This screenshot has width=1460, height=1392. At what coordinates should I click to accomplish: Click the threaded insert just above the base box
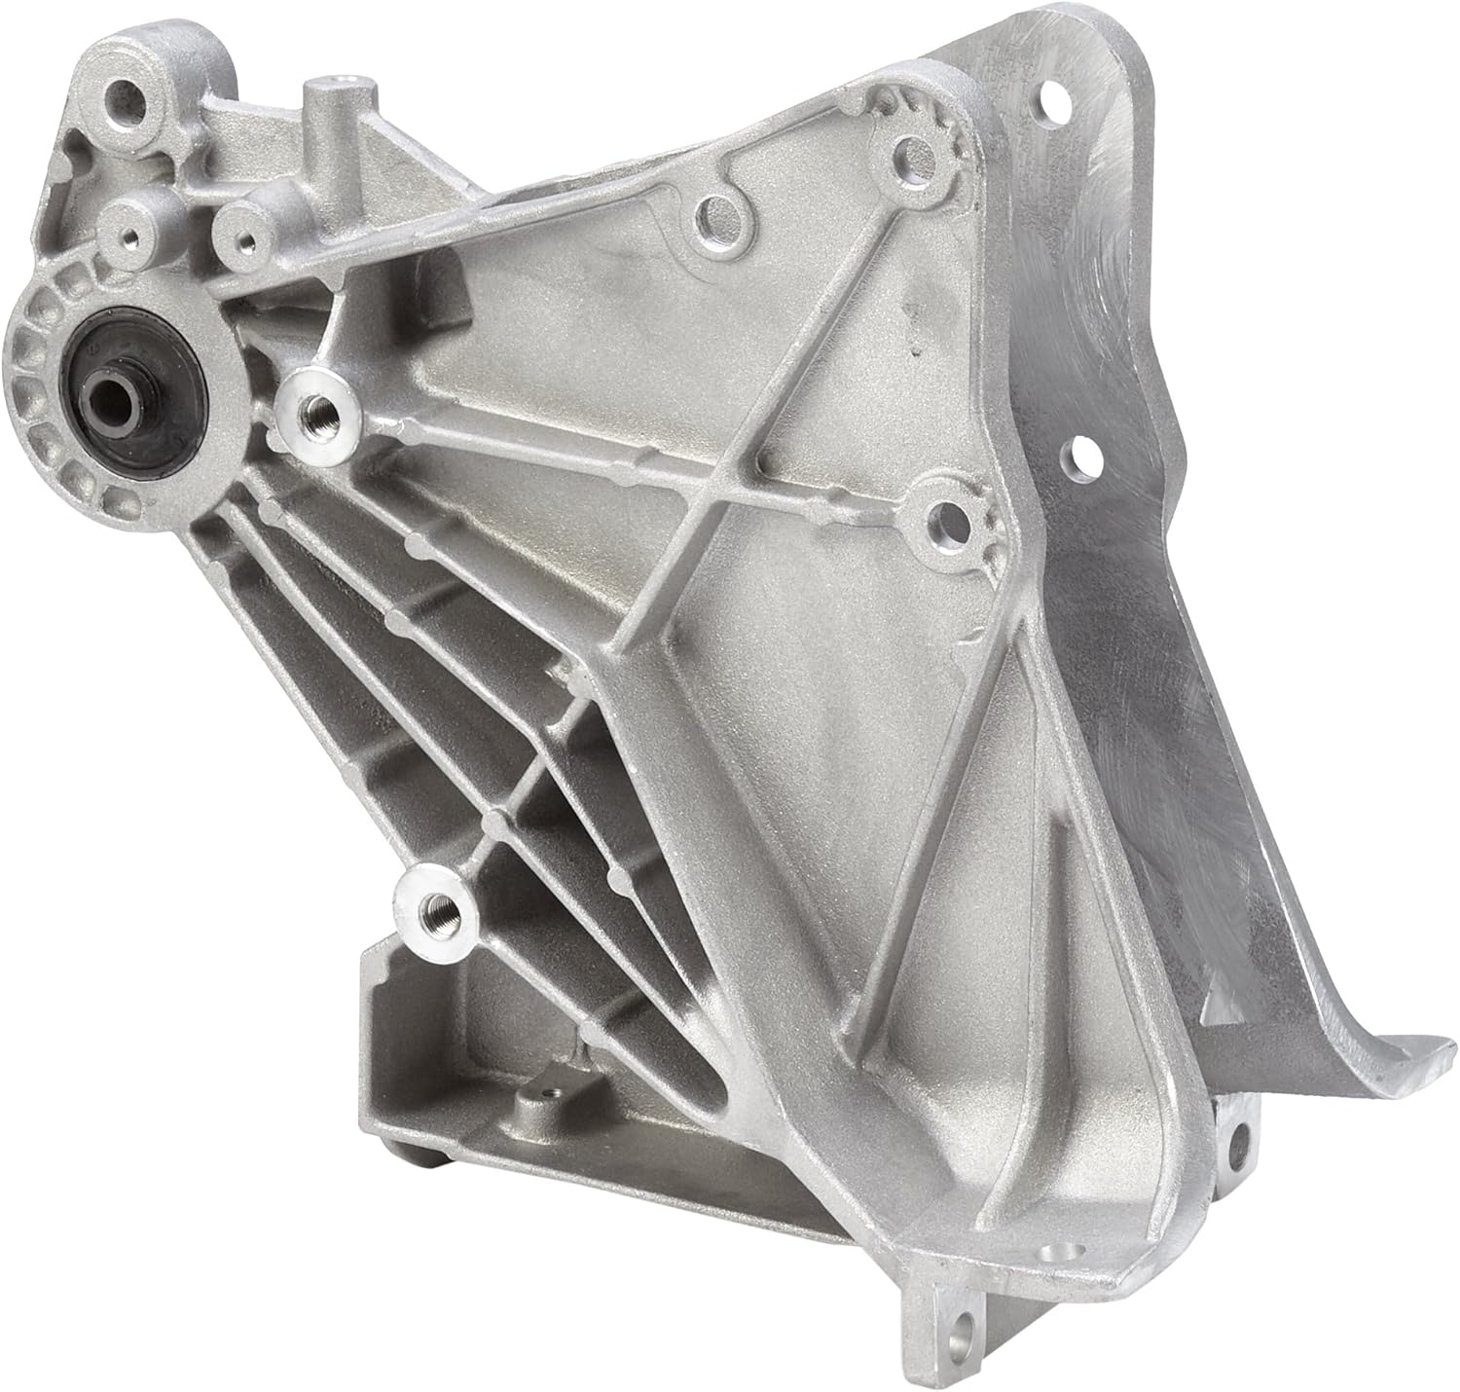pyautogui.click(x=432, y=909)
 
